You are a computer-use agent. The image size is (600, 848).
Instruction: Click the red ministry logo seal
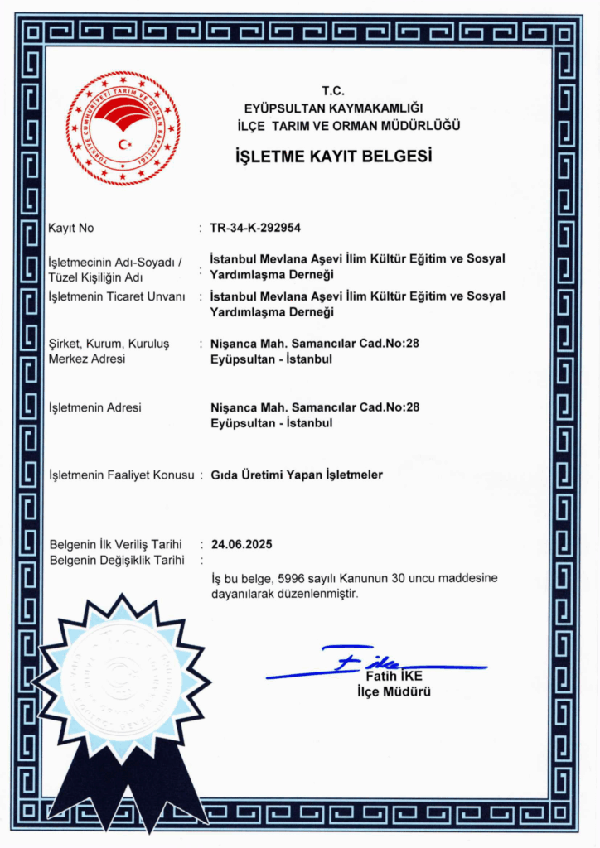(x=123, y=128)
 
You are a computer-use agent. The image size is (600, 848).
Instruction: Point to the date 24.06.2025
(x=241, y=544)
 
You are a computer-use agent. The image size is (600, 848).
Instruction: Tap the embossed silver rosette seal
(x=121, y=679)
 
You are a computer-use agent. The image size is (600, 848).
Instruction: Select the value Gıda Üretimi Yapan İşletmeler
(x=297, y=475)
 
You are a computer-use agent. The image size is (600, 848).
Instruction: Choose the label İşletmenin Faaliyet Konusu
(x=121, y=475)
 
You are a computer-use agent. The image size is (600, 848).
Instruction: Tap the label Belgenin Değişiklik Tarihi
(x=116, y=560)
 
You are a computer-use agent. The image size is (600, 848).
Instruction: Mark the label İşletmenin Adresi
(x=95, y=407)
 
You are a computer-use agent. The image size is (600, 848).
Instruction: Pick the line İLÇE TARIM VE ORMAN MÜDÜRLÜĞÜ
(x=348, y=125)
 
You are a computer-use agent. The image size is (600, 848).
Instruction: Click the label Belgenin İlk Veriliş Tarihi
(x=115, y=544)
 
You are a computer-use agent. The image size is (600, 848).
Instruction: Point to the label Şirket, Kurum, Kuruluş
(x=109, y=344)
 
